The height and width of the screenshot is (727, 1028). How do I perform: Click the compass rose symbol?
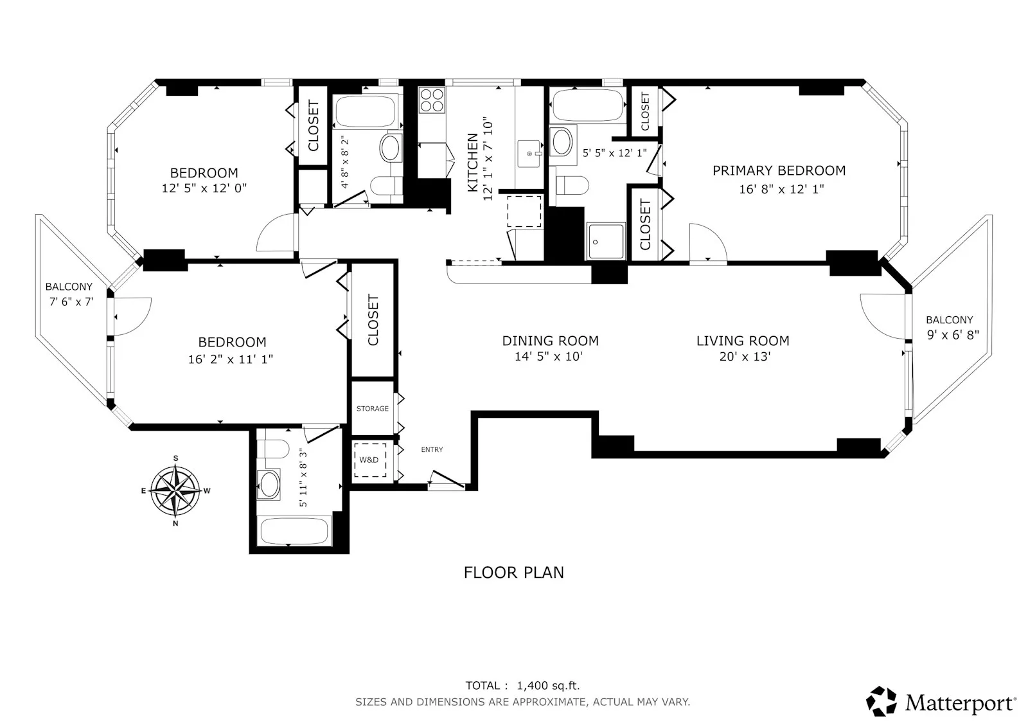175,491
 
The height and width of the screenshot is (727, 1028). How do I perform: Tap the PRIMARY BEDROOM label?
779,170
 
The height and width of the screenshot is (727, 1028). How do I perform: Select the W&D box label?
369,460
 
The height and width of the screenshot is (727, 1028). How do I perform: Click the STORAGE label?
373,408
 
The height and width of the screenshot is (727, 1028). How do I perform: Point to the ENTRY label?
432,449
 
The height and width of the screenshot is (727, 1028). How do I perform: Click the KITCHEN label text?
472,162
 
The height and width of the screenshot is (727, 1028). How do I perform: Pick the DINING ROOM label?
550,341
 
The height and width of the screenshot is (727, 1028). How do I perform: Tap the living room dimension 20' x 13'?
744,356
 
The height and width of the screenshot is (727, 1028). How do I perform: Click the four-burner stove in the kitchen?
432,100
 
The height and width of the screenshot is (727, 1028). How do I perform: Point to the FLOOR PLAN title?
513,572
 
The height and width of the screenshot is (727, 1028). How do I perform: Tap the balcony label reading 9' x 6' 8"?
953,335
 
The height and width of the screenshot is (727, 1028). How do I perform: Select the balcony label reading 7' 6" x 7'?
71,301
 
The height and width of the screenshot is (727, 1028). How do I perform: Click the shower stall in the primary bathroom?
605,241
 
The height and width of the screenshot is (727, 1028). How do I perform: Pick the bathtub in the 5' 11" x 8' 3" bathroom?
294,532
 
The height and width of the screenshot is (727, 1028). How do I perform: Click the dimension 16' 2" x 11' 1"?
230,359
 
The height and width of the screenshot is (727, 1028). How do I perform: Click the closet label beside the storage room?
373,320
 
